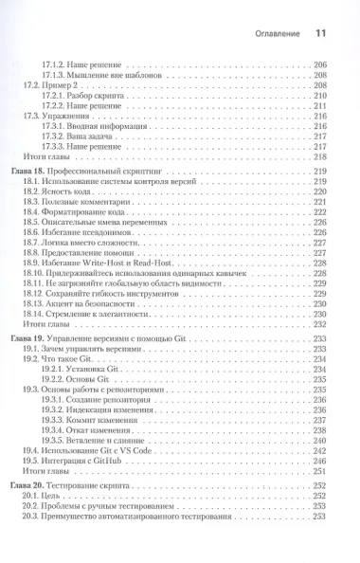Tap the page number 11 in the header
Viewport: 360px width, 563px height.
point(319,32)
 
